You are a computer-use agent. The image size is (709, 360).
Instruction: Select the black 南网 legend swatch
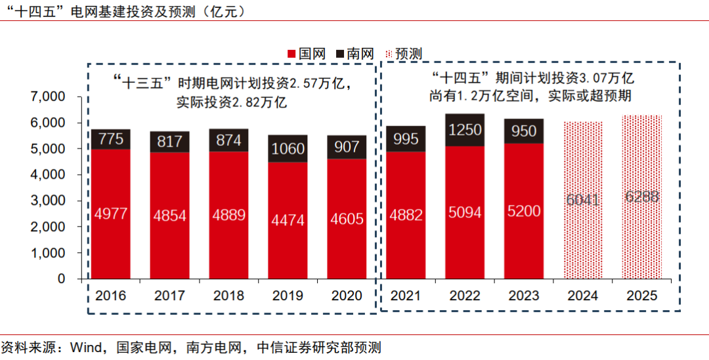point(341,54)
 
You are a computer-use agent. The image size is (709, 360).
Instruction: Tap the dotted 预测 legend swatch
point(389,54)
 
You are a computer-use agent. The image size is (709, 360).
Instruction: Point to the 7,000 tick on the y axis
point(48,97)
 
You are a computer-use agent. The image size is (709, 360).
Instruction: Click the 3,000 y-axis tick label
point(48,201)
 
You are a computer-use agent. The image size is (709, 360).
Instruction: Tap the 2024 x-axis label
point(582,296)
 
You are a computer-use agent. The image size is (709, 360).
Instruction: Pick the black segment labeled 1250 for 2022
point(465,130)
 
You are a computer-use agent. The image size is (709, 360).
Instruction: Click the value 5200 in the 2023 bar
point(523,212)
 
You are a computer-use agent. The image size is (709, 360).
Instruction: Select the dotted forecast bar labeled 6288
point(641,197)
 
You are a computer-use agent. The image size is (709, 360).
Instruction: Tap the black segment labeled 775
point(110,139)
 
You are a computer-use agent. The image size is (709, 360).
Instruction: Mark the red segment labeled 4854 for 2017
point(169,215)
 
